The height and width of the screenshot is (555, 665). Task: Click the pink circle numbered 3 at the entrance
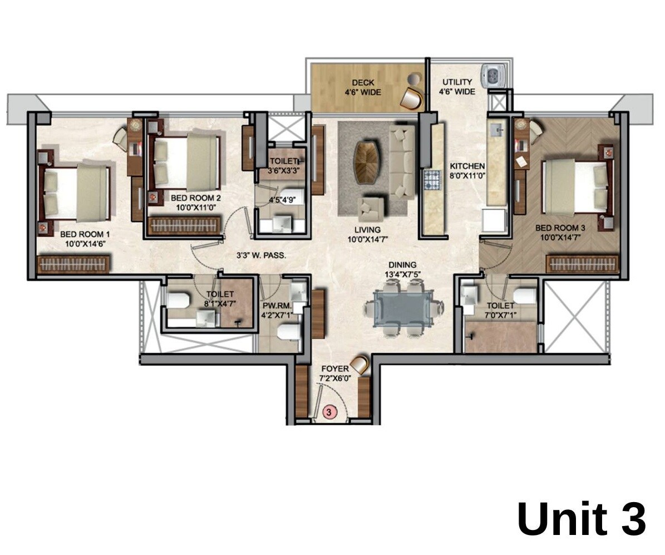(x=329, y=412)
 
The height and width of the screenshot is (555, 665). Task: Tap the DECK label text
(x=362, y=83)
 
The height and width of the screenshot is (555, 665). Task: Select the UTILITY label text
(x=457, y=82)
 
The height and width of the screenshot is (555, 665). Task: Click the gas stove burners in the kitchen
(x=432, y=180)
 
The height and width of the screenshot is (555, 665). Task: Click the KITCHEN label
(x=467, y=166)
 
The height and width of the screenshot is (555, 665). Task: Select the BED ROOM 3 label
(x=560, y=228)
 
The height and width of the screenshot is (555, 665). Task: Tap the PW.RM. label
(x=274, y=306)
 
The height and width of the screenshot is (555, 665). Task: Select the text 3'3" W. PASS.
(x=260, y=257)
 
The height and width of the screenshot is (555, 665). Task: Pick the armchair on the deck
(x=412, y=97)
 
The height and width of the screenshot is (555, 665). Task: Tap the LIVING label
(x=367, y=229)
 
